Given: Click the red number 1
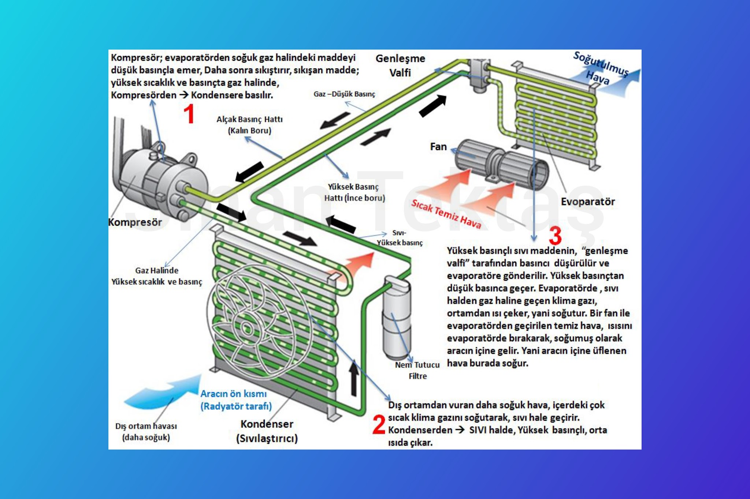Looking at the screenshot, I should click(x=189, y=114).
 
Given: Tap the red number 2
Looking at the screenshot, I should click(x=379, y=424).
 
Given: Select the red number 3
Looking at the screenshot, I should click(x=555, y=236).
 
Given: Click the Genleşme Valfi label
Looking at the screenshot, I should click(x=400, y=65).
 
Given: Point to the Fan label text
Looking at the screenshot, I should click(x=438, y=147).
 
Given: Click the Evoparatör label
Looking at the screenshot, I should click(x=588, y=202).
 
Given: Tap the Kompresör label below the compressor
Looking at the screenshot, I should click(x=135, y=222).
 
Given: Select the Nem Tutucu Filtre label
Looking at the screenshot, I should click(x=417, y=370).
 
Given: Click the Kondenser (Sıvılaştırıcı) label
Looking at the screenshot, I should click(x=267, y=431).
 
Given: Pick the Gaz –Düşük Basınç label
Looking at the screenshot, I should click(x=344, y=94).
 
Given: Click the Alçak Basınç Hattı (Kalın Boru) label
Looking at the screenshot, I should click(x=249, y=125).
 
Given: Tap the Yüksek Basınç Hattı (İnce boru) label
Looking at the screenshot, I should click(x=354, y=192).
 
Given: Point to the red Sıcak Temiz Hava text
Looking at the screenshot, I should click(x=446, y=214).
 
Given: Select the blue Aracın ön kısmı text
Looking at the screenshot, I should click(x=236, y=400).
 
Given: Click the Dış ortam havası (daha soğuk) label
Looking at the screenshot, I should click(x=146, y=432).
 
